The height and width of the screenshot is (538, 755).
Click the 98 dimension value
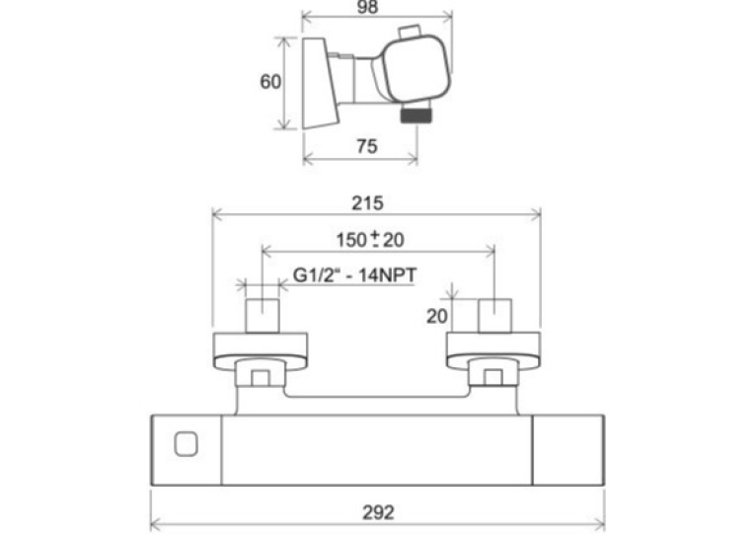pos(368,7)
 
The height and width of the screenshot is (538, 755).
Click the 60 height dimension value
pos(270,81)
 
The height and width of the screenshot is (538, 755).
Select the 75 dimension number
pos(367,146)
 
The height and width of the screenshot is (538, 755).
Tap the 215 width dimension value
pos(367,202)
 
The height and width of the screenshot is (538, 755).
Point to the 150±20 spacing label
pos(370,239)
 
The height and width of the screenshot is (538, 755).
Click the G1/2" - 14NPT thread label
pos(354,275)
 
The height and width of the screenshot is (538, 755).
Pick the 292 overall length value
pos(378,512)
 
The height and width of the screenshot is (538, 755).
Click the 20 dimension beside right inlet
pos(437,316)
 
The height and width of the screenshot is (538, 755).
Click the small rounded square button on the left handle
pos(186,443)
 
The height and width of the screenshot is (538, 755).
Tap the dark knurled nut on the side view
pos(417,115)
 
